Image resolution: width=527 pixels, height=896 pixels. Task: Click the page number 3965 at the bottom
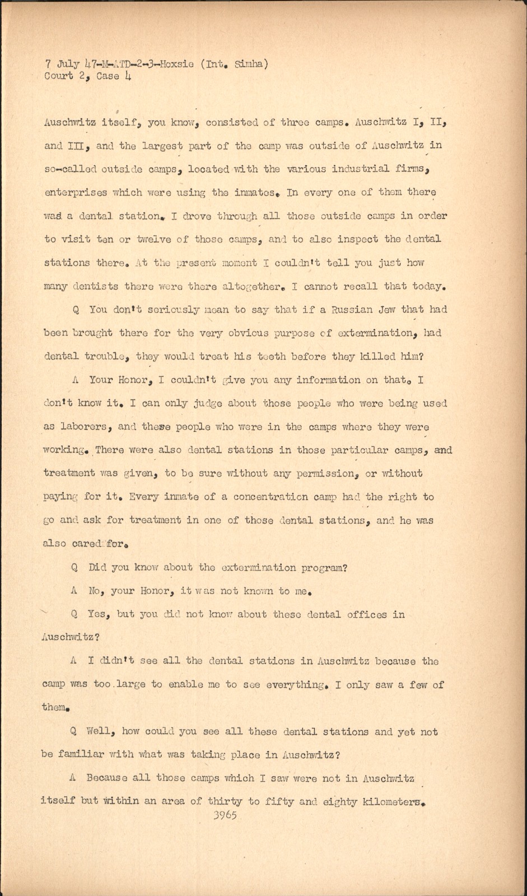[x=225, y=815]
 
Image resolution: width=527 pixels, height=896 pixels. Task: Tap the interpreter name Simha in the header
[x=250, y=63]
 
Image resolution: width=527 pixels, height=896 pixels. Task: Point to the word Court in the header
[x=59, y=76]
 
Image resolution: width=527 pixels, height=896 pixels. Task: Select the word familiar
[x=81, y=754]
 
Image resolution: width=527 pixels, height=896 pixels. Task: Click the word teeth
[x=273, y=356]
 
